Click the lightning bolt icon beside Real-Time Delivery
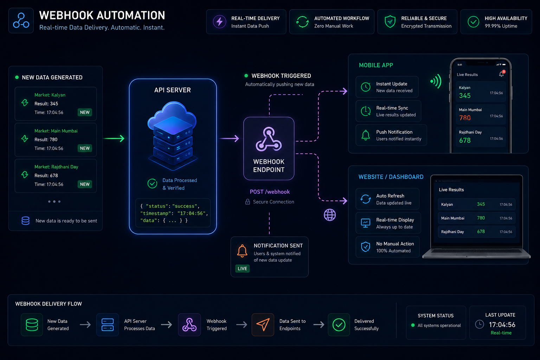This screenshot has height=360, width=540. [x=219, y=22]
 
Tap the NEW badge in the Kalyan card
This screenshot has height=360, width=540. [x=85, y=112]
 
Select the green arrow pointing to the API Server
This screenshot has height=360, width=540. [x=114, y=139]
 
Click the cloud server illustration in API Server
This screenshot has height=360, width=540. [x=173, y=135]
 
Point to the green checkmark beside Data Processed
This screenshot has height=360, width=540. [x=152, y=184]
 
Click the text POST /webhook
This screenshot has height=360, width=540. [x=270, y=192]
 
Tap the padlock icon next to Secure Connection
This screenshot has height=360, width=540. [x=247, y=202]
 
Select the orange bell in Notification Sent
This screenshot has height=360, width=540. [x=242, y=251]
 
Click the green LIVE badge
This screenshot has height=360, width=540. [x=242, y=269]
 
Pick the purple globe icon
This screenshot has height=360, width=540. [x=330, y=215]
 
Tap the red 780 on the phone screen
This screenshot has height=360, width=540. [x=465, y=118]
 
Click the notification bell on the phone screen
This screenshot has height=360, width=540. [x=502, y=74]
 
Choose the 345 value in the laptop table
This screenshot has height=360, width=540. [x=481, y=204]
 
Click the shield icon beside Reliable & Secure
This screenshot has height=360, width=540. [x=390, y=22]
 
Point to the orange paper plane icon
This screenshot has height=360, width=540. [x=263, y=324]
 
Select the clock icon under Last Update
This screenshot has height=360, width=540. [x=480, y=324]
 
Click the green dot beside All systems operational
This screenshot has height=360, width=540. [x=413, y=325]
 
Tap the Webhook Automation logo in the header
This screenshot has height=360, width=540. [x=21, y=21]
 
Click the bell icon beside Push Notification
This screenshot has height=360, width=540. [x=366, y=135]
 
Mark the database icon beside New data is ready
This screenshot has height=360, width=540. [x=26, y=221]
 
